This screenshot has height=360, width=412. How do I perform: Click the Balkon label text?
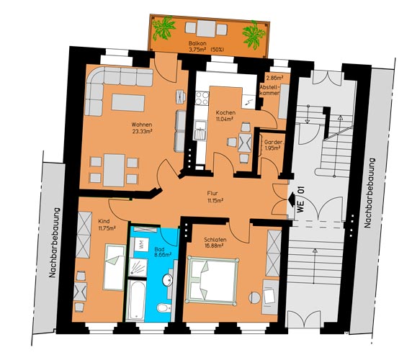pos(197,43)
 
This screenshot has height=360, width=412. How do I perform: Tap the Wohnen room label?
pos(142,125)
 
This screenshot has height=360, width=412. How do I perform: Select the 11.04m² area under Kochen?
pos(225,119)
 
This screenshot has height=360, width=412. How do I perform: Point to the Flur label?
pos(212,193)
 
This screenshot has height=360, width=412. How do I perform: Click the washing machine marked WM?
pos(141,245)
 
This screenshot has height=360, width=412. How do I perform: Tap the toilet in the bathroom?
pos(164,307)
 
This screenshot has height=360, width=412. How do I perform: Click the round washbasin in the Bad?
pos(167,280)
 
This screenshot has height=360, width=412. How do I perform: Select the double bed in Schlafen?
pos(212,281)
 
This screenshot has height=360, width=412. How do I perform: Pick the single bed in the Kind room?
pos(115,267)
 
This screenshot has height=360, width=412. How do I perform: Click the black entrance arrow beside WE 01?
pos(292,199)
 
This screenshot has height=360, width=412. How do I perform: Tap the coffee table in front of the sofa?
pos(128,103)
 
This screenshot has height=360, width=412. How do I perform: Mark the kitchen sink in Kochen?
pos(200,130)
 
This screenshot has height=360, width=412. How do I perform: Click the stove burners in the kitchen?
pos(202,98)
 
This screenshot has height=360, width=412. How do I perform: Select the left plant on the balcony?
pos(164,28)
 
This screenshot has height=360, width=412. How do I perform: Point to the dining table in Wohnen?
pos(114,170)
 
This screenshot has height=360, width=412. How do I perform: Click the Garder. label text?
pos(274,142)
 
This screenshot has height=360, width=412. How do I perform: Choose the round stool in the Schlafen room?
pos(254,298)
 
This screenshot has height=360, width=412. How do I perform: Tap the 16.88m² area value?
pos(215,246)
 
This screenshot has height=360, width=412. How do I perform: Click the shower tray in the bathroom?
pos(138,267)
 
